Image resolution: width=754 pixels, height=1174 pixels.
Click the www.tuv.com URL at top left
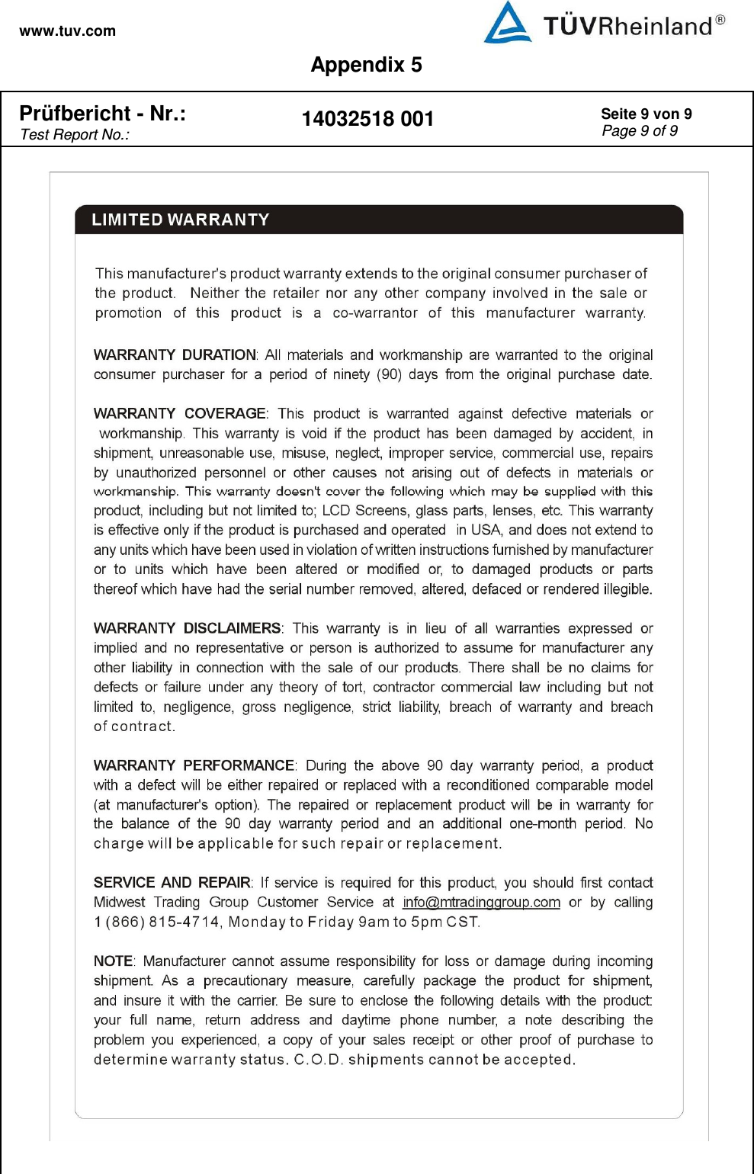pos(67,31)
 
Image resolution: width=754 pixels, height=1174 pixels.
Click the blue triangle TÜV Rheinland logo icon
pos(508,24)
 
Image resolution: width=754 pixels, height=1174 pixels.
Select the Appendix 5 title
pos(366,65)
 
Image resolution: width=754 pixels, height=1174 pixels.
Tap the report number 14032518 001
pos(367,119)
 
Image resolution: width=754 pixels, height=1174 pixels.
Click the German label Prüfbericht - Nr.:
pos(102,114)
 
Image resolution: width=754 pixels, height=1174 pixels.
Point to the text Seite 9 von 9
pos(646,114)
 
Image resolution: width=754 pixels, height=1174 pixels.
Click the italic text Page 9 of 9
pos(639,131)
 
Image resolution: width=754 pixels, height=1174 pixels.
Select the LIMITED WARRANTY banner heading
pos(181,220)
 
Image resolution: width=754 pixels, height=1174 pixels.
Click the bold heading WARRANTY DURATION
pos(175,355)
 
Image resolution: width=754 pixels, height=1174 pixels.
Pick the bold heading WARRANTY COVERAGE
pos(179,414)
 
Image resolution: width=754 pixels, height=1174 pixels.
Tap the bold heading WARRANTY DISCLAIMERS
pos(187,628)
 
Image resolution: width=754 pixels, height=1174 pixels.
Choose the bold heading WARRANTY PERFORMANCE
pos(194,765)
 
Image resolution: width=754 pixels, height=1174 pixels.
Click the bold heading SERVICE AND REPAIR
pos(172,883)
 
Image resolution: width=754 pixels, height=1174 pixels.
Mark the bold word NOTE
pos(113,961)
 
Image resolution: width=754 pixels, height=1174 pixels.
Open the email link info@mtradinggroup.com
pos(481,903)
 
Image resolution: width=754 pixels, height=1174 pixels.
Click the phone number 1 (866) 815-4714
pos(156,922)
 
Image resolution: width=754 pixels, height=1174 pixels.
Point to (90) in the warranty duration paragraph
pos(390,374)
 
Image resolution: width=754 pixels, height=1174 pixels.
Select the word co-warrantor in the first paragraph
pos(375,313)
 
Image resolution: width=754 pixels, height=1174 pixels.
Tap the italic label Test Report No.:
pos(75,135)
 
